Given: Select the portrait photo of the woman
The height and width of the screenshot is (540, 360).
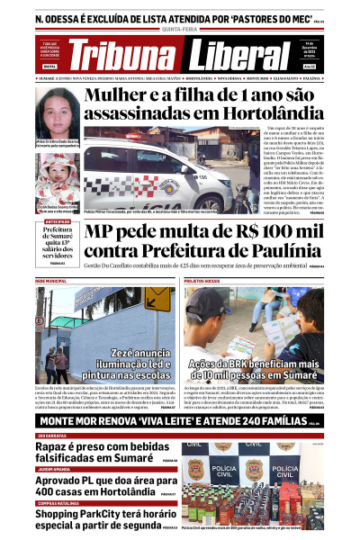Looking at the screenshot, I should pos(56,112).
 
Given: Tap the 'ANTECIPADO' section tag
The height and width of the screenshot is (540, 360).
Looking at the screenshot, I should pos(57,221).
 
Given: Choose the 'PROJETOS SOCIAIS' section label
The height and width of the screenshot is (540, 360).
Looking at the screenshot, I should pos(203,282).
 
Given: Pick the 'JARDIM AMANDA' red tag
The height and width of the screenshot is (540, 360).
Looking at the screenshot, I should pos(55,468).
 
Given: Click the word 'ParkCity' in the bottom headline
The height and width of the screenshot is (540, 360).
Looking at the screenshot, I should pos(91,514).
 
